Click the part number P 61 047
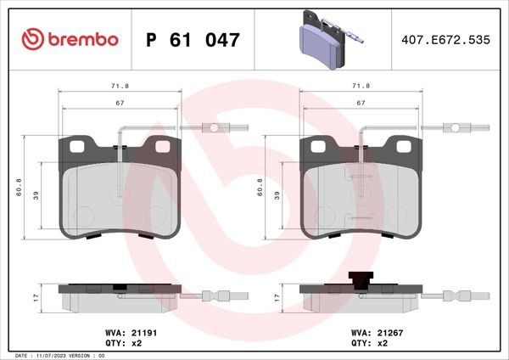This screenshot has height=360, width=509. point(193,39)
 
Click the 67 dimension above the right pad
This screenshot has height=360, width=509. point(361,102)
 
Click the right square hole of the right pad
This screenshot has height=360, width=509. point(405,148)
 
